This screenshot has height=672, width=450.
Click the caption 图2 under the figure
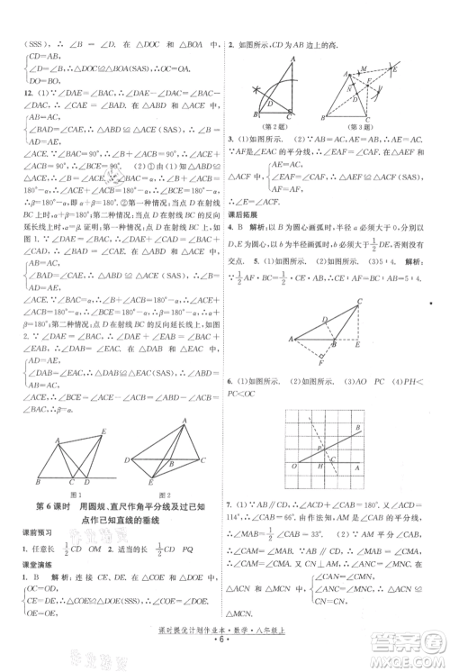(x=172, y=495)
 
